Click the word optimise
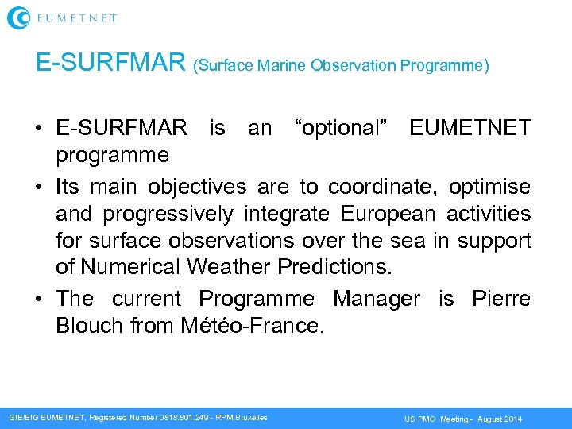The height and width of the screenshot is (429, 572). [x=489, y=187]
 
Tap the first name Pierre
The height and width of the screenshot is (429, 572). [x=501, y=299]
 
